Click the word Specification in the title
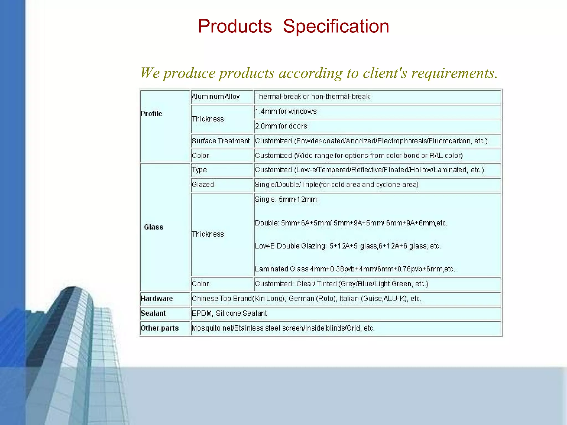tap(336, 27)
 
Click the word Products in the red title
tap(235, 27)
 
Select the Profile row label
tap(151, 114)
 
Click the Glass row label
tap(154, 227)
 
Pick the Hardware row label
tap(156, 299)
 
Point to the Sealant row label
tap(153, 313)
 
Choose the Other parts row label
tap(159, 328)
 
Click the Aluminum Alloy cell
tap(215, 97)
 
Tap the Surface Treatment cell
tap(221, 141)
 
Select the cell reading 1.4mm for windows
tap(285, 111)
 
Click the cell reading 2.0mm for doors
tap(281, 126)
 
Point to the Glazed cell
tap(203, 185)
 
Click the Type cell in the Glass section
tap(199, 170)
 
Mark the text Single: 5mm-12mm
tap(286, 199)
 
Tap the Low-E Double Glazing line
tap(347, 246)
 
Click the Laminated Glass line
tap(355, 269)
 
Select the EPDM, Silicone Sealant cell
tap(229, 313)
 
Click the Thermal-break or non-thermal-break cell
tap(312, 97)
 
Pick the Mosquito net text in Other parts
tap(212, 328)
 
